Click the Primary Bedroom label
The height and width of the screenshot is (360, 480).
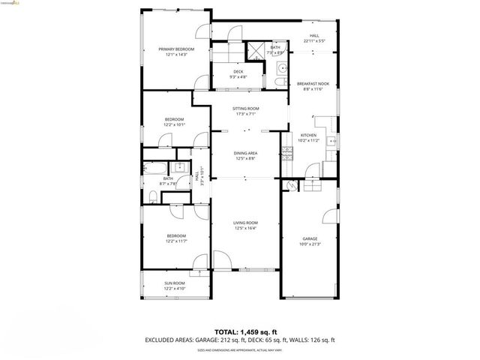tap(176, 49)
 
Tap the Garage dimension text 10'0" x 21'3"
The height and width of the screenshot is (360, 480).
tap(310, 243)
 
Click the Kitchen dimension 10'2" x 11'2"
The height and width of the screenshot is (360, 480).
tap(308, 140)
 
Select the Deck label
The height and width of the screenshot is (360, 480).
tap(238, 71)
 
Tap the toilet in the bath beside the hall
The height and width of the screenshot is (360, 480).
tap(152, 196)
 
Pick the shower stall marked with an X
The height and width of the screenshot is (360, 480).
tap(255, 51)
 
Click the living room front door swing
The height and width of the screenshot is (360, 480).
tap(222, 261)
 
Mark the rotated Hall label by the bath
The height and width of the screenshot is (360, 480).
tap(196, 178)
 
